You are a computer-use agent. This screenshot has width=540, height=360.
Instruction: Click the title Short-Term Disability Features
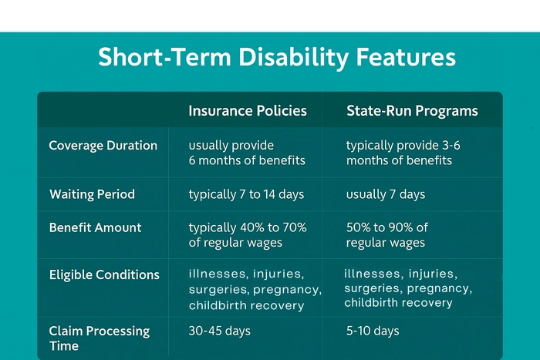coord(277,58)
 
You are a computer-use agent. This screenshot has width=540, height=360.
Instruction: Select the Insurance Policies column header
coord(248,111)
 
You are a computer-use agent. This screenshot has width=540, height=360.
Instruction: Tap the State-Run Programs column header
coord(412,111)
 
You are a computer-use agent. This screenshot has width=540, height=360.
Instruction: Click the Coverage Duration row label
coord(103,146)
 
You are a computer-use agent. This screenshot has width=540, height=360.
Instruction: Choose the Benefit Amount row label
coord(95,227)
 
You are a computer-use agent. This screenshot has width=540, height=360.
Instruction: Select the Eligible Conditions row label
coord(104,274)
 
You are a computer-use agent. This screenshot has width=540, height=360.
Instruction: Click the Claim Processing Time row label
coord(99,338)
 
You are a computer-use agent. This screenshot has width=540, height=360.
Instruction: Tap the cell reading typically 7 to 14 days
coord(246,194)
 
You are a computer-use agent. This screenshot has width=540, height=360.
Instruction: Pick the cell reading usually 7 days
coord(386,194)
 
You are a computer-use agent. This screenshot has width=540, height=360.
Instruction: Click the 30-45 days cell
coord(220,331)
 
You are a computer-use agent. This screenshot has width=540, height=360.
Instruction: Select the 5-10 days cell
coord(373,331)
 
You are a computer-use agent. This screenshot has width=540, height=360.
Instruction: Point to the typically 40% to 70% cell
coord(248,235)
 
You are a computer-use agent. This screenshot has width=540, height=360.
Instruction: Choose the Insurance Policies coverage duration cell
coord(247,153)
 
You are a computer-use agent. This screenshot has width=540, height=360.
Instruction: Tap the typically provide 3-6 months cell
coord(403,153)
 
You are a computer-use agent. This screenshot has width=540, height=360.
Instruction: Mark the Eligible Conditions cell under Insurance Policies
coord(255,289)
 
